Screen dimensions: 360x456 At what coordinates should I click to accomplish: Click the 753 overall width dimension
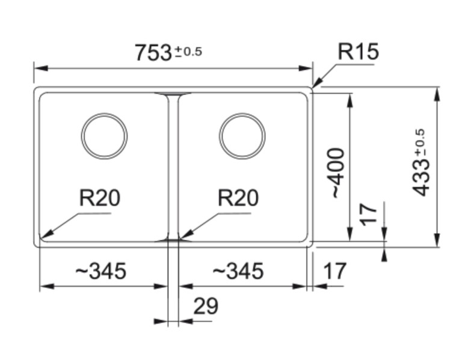coord(153,53)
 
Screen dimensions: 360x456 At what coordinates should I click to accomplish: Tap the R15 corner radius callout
coord(358,52)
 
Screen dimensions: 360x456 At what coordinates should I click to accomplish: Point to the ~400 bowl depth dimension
coord(337,173)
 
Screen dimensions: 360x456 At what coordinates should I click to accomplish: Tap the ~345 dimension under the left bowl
coord(100,271)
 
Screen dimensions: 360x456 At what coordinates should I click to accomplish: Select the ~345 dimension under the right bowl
coord(238,271)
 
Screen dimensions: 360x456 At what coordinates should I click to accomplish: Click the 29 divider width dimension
coord(206,307)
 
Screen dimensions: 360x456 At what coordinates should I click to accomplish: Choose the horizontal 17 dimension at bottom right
coord(335,271)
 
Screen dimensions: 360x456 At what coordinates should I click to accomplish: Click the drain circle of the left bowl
coord(104,136)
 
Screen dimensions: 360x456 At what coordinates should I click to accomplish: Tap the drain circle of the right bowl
coord(242,136)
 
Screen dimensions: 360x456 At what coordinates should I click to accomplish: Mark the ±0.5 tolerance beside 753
coord(188,52)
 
